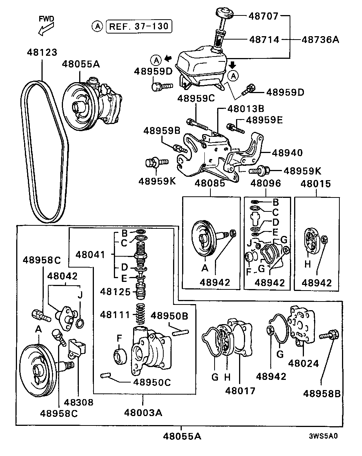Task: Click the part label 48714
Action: [x=264, y=39]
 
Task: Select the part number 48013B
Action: [x=245, y=109]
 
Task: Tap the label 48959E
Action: [x=264, y=120]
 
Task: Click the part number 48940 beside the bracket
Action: [x=287, y=153]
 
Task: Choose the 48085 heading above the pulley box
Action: [x=210, y=184]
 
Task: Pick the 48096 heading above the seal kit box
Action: [x=266, y=184]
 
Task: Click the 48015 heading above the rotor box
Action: [x=316, y=184]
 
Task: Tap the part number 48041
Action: [x=90, y=254]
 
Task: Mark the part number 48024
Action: [x=304, y=363]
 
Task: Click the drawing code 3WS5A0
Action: [x=323, y=436]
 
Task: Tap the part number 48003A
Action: [x=143, y=412]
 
